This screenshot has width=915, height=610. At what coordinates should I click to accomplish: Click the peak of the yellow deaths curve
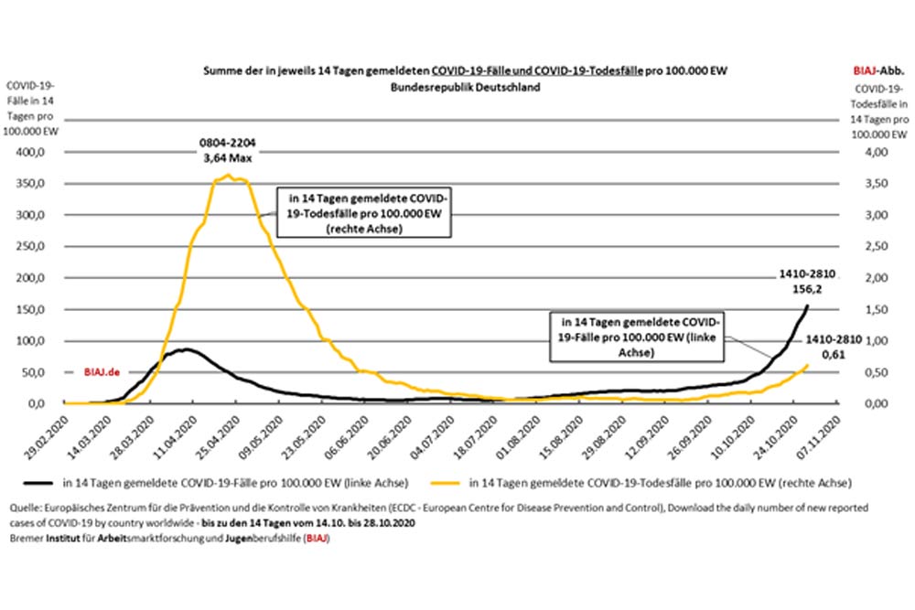[228, 175]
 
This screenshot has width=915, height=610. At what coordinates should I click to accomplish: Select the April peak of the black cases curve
[186, 349]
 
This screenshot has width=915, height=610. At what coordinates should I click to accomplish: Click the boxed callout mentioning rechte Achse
[370, 214]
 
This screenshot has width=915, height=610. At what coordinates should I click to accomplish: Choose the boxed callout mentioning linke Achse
[634, 337]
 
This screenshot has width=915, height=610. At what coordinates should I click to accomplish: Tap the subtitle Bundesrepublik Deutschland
[465, 88]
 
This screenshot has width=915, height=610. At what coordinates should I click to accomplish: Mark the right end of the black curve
[807, 305]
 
